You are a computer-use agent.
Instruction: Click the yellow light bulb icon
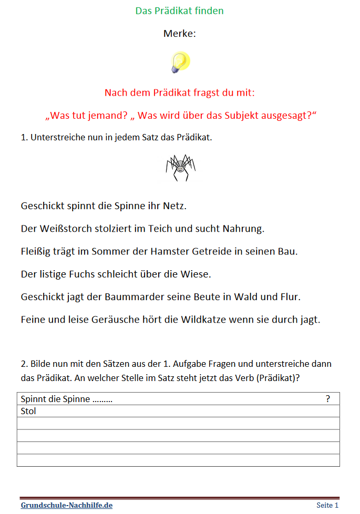pyautogui.click(x=179, y=62)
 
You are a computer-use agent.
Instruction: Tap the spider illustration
pyautogui.click(x=180, y=168)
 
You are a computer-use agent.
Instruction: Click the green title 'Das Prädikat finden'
pyautogui.click(x=179, y=11)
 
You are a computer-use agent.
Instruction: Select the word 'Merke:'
pyautogui.click(x=179, y=34)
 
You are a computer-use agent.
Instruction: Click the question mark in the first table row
pyautogui.click(x=328, y=399)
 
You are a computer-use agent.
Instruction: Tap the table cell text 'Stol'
pyautogui.click(x=28, y=411)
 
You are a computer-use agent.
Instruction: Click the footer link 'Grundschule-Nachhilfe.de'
pyautogui.click(x=67, y=506)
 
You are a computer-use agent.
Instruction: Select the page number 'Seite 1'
pyautogui.click(x=327, y=506)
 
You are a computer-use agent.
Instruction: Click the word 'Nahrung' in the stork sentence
pyautogui.click(x=242, y=229)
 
